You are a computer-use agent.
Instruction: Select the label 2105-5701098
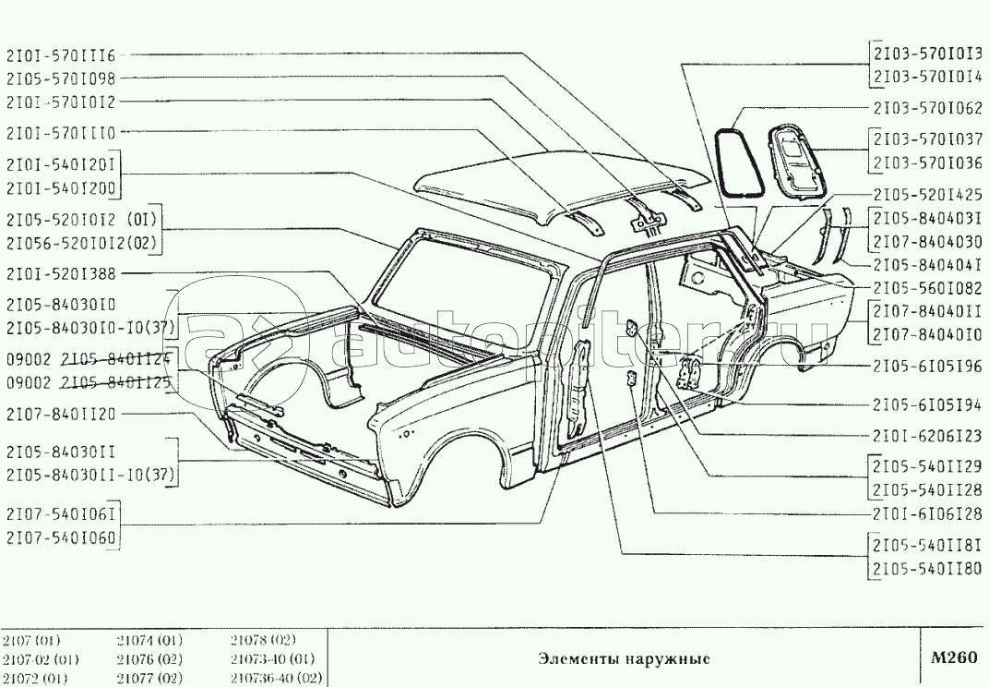(x=60, y=79)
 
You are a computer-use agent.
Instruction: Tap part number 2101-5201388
(x=60, y=274)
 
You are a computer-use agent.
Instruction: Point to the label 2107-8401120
(x=60, y=415)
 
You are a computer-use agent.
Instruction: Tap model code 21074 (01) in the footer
(x=149, y=640)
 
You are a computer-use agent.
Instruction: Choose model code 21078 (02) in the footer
(x=263, y=640)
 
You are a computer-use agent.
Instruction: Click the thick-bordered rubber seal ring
(x=734, y=163)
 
